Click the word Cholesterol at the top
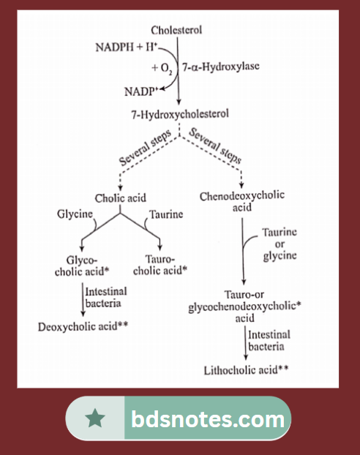176,30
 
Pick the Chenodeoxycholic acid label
242,202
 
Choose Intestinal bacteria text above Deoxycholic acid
105,295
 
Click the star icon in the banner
94,419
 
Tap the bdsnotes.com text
208,420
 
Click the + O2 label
162,67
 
